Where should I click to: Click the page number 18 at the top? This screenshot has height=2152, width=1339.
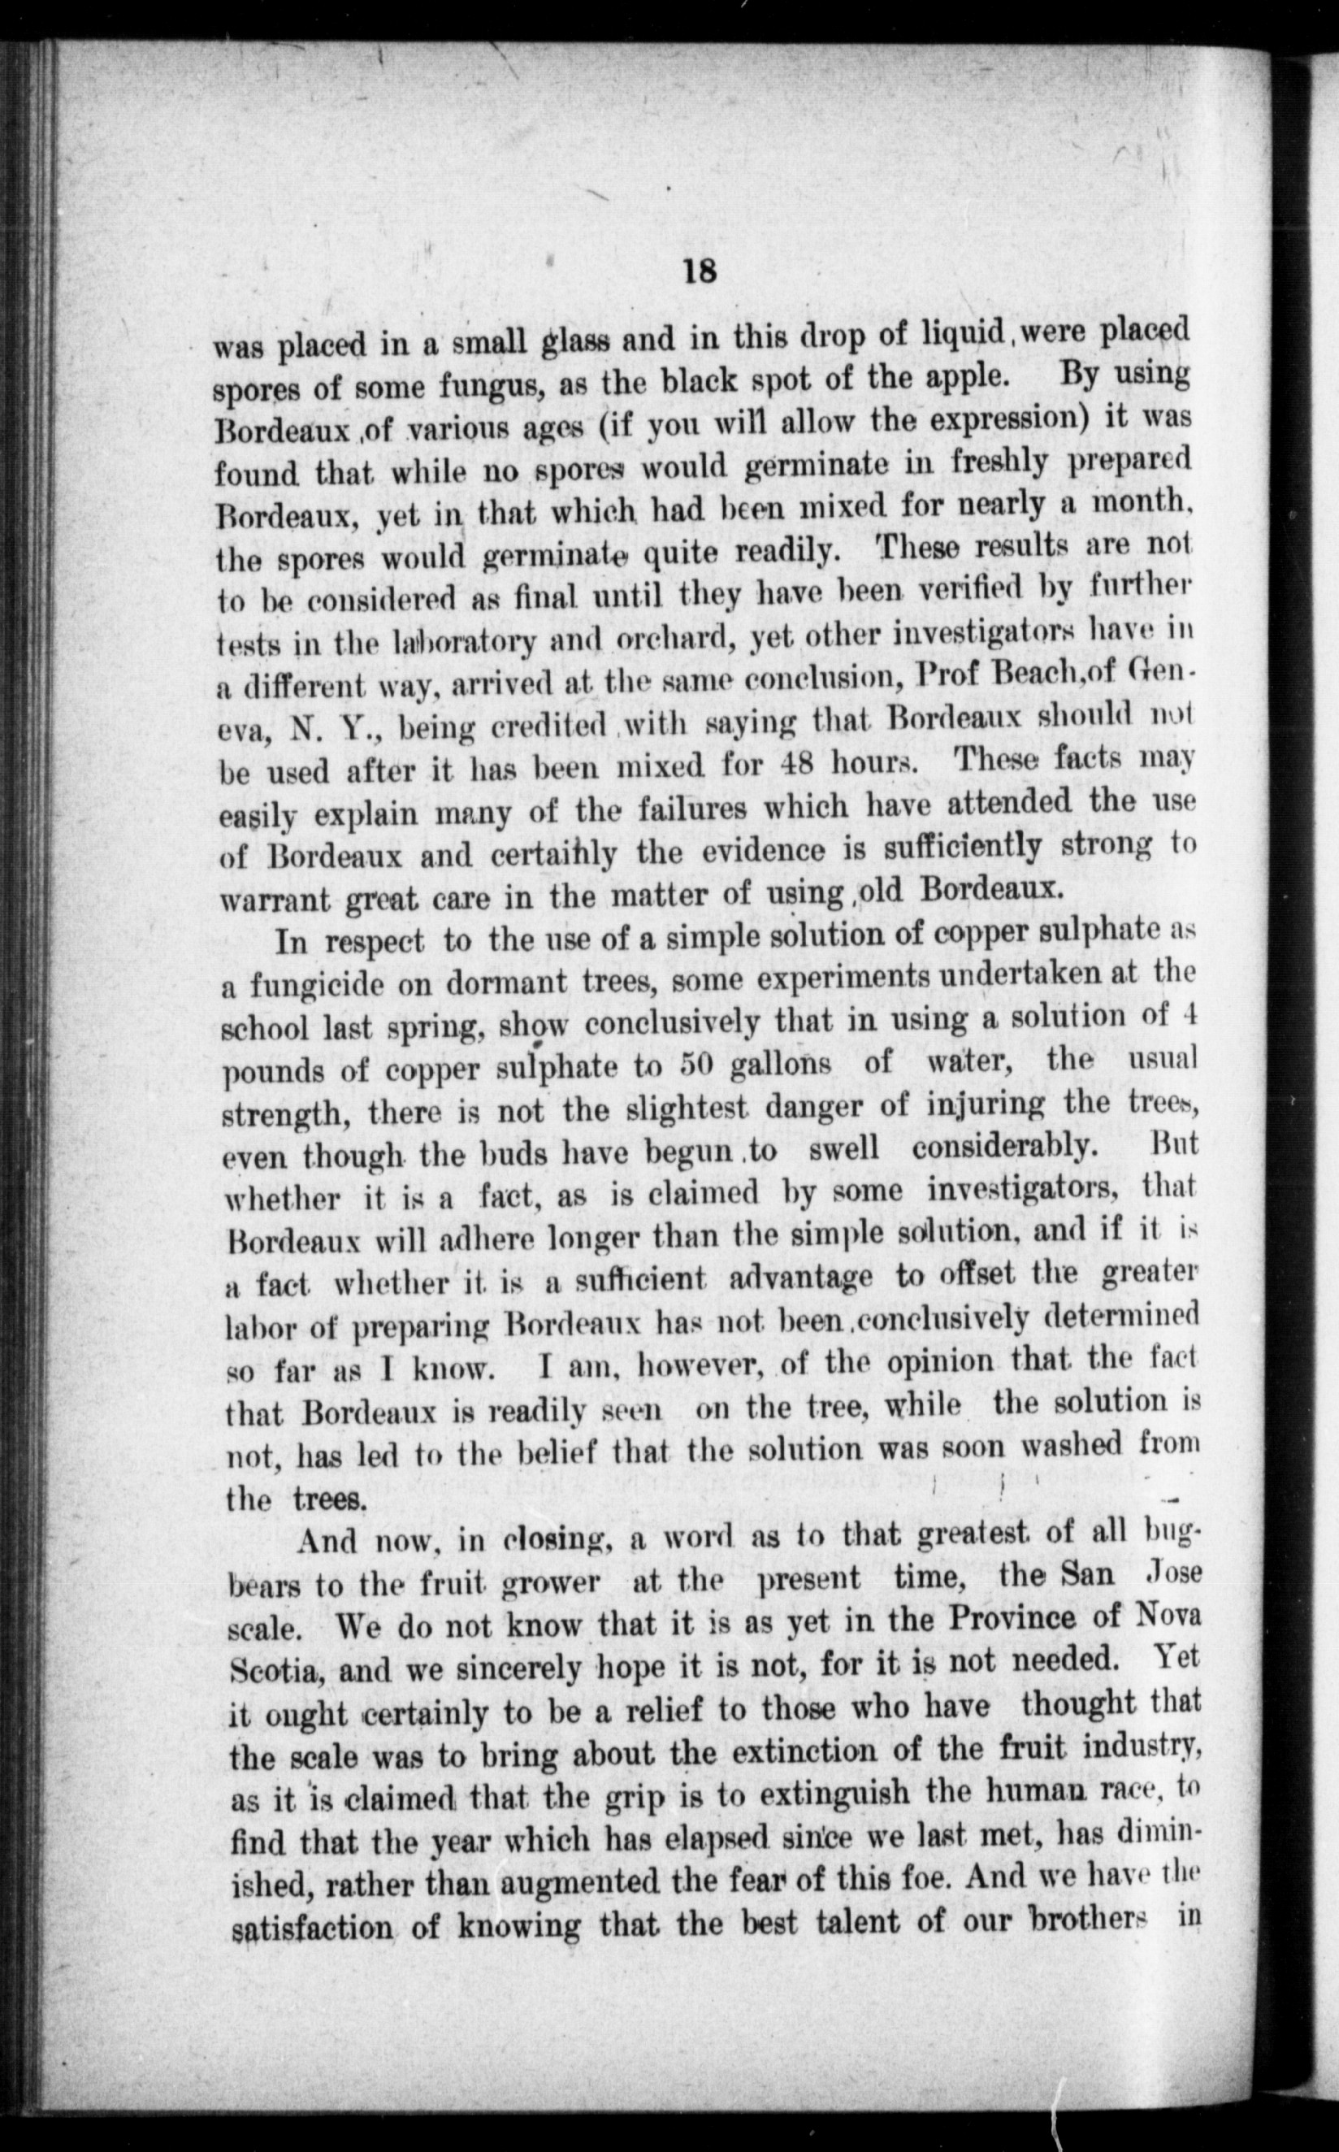point(700,271)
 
